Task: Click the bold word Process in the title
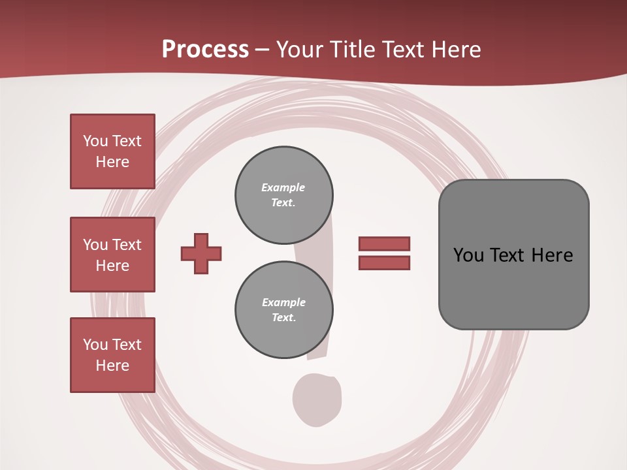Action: (205, 50)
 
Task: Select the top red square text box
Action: (112, 151)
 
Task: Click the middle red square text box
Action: (112, 255)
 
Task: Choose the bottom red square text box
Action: (112, 355)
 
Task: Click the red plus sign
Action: (201, 253)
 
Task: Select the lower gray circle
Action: (283, 310)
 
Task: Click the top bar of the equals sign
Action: (384, 243)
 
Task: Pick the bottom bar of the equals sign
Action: (384, 263)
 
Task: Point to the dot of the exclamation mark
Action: (317, 399)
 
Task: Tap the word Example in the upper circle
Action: (283, 187)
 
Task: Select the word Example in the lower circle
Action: (283, 302)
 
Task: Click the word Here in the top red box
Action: (112, 162)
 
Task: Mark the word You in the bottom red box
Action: (95, 345)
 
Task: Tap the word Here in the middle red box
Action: (112, 266)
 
